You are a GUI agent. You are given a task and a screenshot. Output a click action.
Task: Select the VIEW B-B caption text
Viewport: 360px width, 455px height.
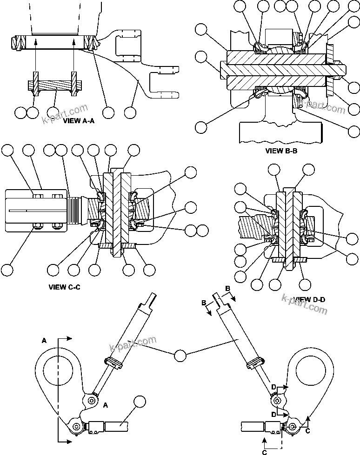point(281,151)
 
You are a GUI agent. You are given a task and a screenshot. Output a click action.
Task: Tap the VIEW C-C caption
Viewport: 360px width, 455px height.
point(65,287)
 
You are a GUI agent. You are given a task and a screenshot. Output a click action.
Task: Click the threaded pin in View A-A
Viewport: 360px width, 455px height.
point(54,86)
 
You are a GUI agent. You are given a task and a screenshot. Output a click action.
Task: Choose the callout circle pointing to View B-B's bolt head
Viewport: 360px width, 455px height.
point(201,58)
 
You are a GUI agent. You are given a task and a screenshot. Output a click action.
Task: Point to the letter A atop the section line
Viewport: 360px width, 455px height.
point(44,340)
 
